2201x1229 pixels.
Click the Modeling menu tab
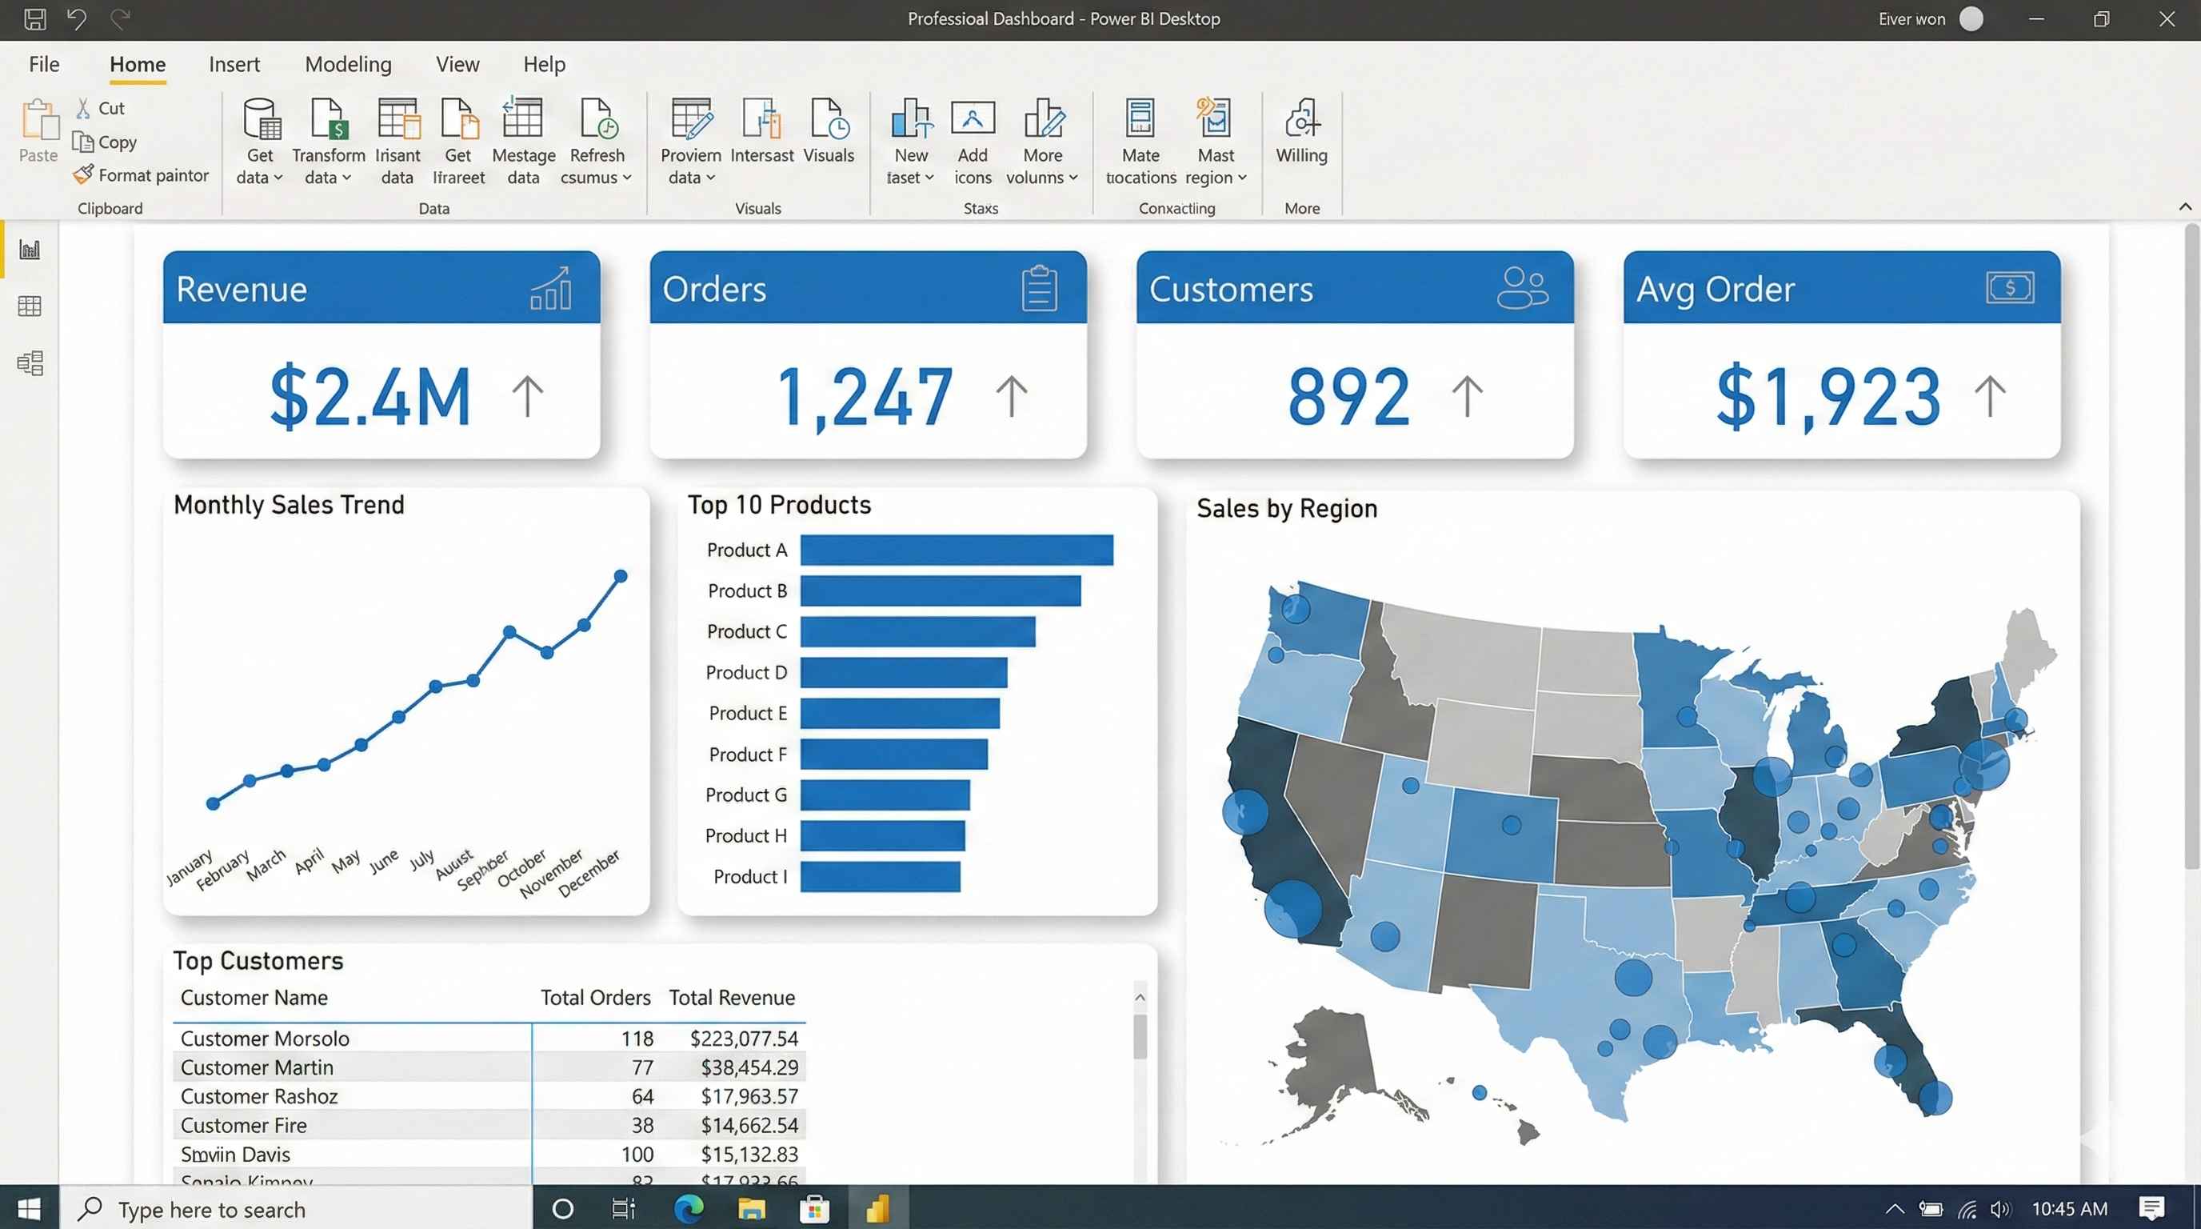348,64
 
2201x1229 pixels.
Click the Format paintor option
142,175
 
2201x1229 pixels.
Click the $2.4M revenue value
370,396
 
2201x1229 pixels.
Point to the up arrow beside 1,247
1012,396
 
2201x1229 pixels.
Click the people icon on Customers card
1522,288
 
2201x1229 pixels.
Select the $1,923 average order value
1828,396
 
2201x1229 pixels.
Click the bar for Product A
956,550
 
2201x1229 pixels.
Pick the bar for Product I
880,877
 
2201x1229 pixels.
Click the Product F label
747,755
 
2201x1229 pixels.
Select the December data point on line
621,577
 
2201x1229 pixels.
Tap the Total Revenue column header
731,998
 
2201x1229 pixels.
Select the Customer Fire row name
243,1126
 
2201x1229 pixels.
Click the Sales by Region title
1287,509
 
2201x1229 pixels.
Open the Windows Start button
29,1208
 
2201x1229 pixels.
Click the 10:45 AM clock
2068,1208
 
